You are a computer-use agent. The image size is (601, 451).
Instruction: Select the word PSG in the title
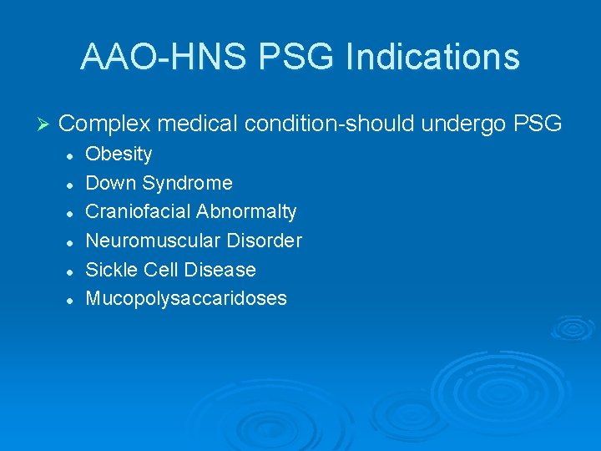[x=297, y=57]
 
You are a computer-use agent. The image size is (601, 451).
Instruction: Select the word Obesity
[x=119, y=155]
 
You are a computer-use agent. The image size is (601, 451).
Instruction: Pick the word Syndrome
[x=188, y=183]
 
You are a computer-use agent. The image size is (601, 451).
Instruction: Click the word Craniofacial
[x=138, y=212]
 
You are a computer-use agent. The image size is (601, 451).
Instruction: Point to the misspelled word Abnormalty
[x=246, y=212]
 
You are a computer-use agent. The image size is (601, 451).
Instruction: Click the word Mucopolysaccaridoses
[x=186, y=299]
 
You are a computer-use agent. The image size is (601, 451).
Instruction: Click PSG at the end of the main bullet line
[x=538, y=124]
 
